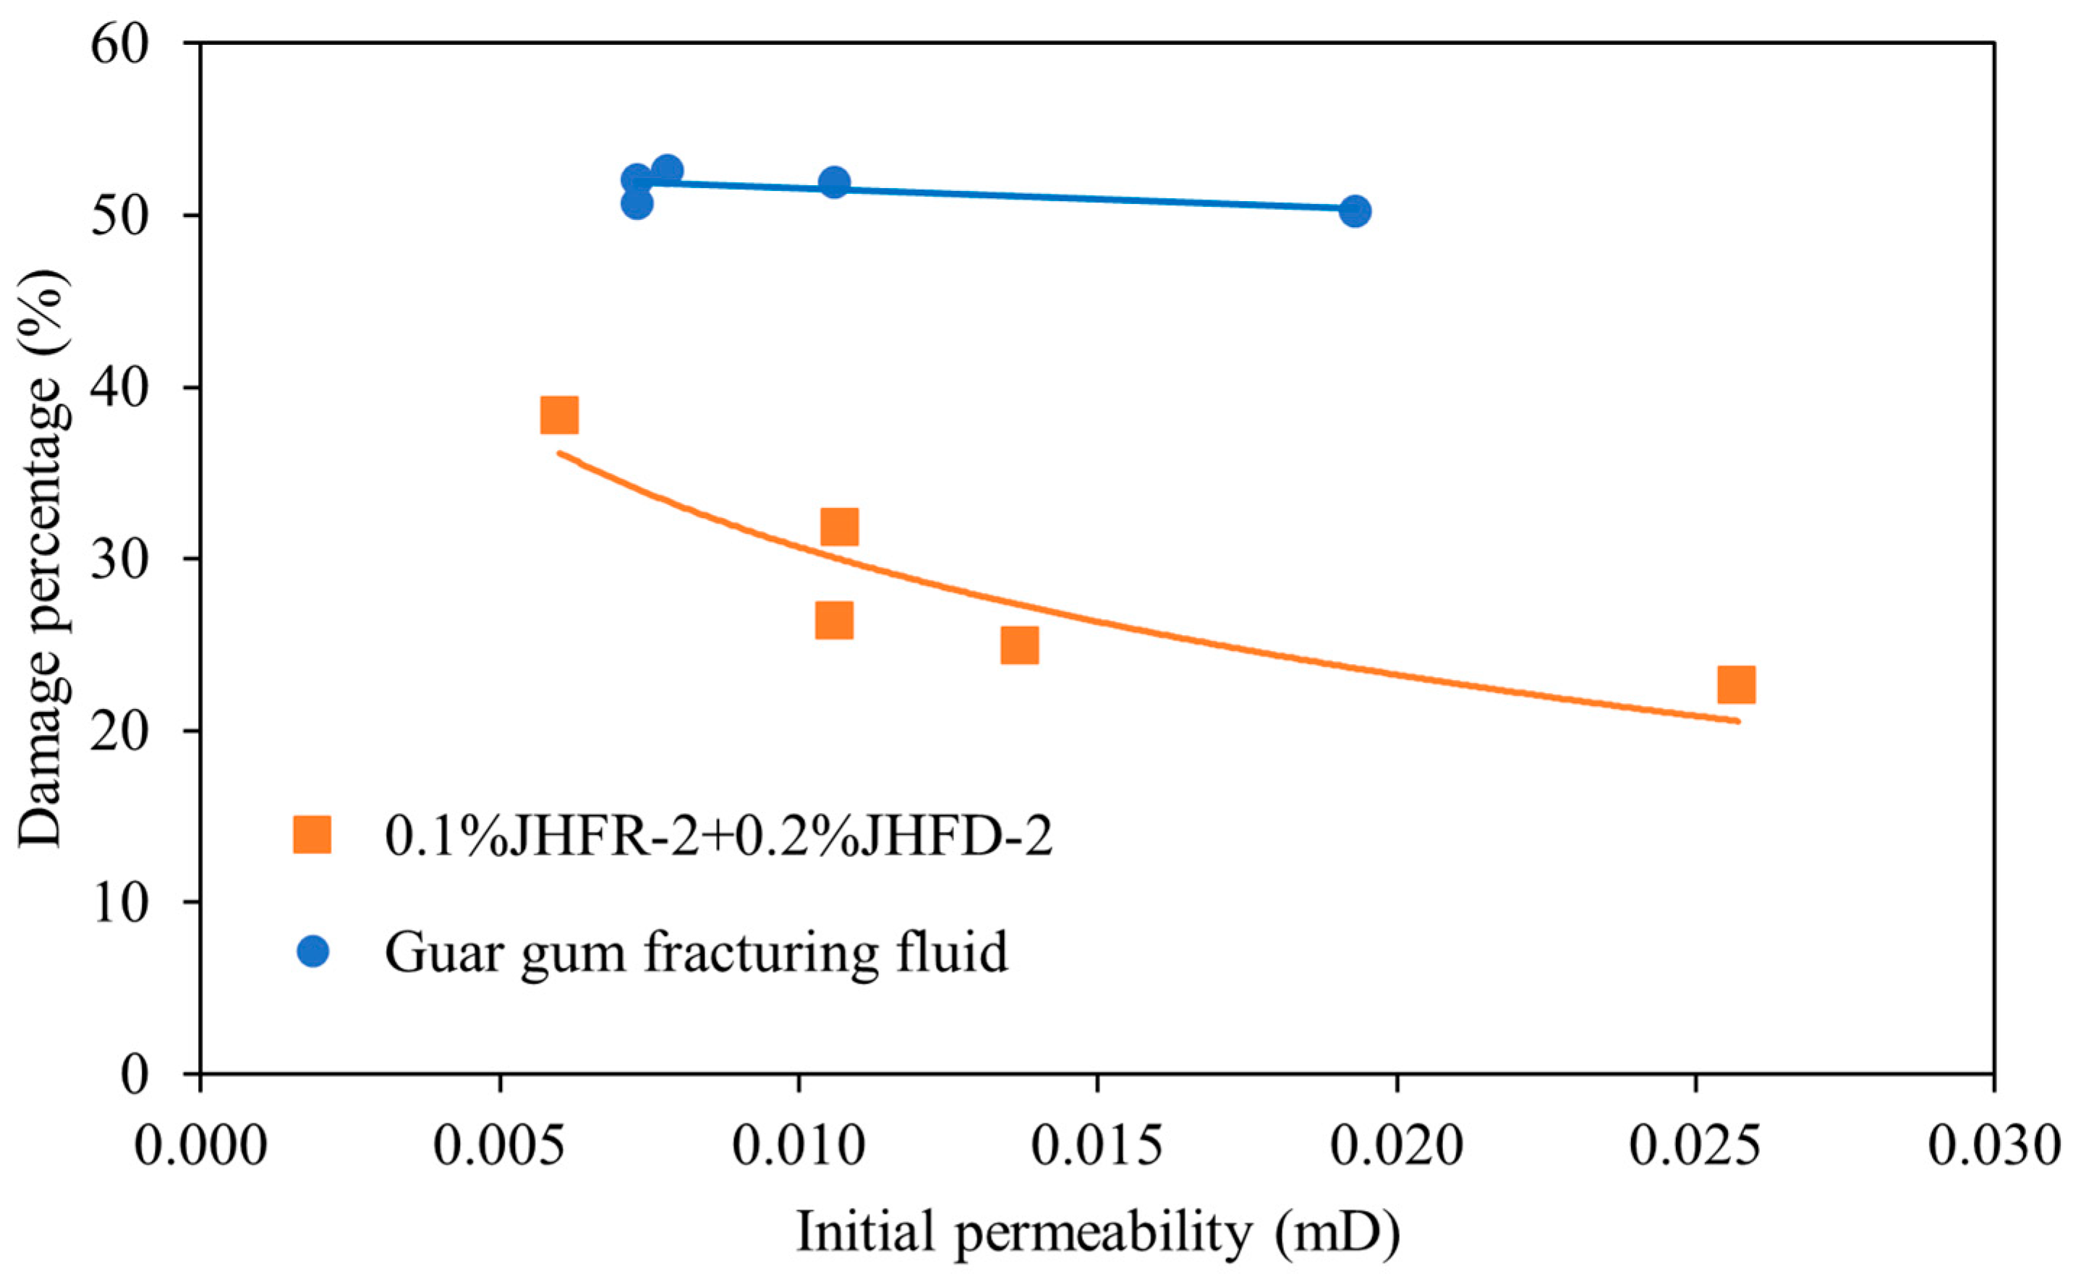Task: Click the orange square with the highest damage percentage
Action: tap(558, 414)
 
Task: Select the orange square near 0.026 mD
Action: tap(1735, 684)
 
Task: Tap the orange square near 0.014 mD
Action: tap(1019, 645)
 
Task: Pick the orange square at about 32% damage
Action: tap(839, 527)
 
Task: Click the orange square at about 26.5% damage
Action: tap(834, 621)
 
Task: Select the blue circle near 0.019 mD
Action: tap(1355, 211)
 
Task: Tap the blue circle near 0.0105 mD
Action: tap(835, 182)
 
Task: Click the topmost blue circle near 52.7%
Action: tap(668, 170)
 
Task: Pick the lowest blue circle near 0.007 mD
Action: tap(636, 204)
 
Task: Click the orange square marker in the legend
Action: tap(312, 835)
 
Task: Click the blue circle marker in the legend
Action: tap(312, 951)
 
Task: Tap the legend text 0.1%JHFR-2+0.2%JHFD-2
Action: tap(718, 836)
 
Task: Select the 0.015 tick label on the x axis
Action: tap(1097, 1147)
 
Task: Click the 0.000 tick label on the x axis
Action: tap(200, 1147)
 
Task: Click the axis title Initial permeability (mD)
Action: tap(1097, 1233)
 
